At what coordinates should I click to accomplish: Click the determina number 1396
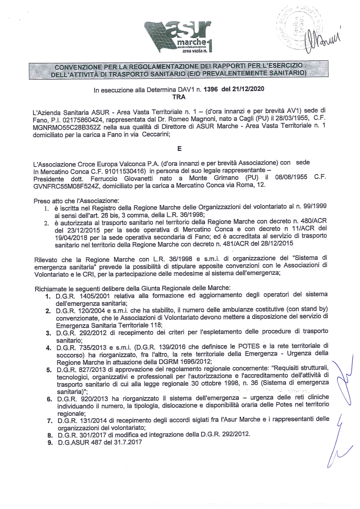tap(211, 89)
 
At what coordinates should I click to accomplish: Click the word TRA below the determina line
tap(179, 97)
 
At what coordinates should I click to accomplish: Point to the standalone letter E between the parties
tap(179, 148)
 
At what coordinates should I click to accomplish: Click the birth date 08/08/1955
tap(291, 177)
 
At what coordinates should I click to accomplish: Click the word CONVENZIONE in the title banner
tap(78, 67)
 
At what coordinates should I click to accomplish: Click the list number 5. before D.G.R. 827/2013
tap(49, 370)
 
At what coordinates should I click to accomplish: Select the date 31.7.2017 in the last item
tap(127, 442)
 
